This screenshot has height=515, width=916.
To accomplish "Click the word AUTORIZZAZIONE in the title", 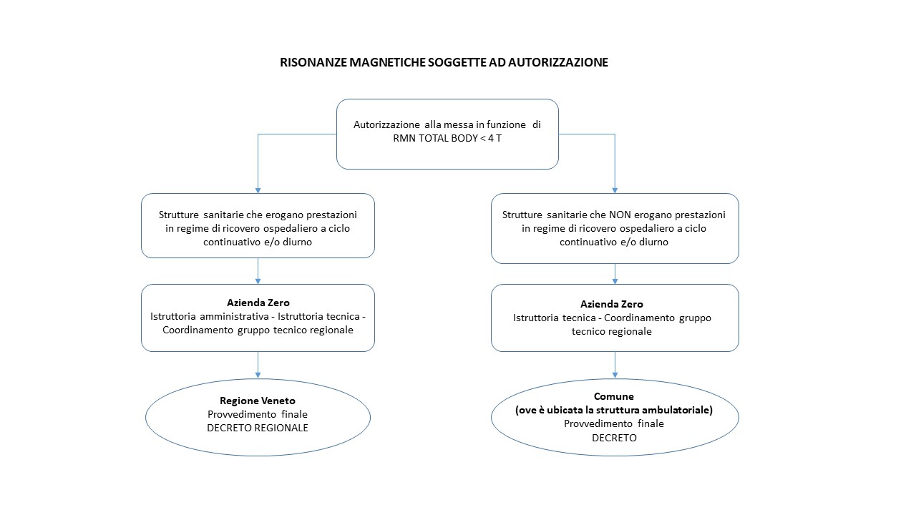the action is coord(557,62).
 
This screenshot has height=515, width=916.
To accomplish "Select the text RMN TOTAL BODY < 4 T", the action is coord(447,138).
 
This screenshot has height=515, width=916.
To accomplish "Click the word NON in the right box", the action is coord(620,215).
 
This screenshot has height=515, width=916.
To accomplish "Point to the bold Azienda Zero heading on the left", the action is coord(258,303).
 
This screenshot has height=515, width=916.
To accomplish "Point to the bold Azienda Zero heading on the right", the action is coord(611,304).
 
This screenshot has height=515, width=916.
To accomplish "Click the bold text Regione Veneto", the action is coord(258,401).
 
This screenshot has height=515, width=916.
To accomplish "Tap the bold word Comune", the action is coord(614,396).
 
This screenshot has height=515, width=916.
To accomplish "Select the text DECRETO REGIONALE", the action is coord(258,428).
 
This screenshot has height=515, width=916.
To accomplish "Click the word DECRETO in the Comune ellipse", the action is coord(614,438).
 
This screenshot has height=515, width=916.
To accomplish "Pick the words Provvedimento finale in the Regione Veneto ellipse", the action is coord(258,414).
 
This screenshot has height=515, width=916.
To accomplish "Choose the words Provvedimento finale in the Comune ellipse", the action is coord(614,423).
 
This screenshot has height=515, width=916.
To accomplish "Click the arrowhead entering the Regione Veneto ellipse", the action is coord(258,376).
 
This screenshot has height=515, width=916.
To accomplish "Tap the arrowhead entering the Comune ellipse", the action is coord(615,376).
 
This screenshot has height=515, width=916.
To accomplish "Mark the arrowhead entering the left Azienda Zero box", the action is coord(258,281).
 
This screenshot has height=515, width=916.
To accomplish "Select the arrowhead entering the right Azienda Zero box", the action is coord(615,281).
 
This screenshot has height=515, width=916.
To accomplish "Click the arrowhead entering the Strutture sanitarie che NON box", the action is coord(615,190).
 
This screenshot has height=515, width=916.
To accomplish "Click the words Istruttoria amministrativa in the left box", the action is coord(210,316).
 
